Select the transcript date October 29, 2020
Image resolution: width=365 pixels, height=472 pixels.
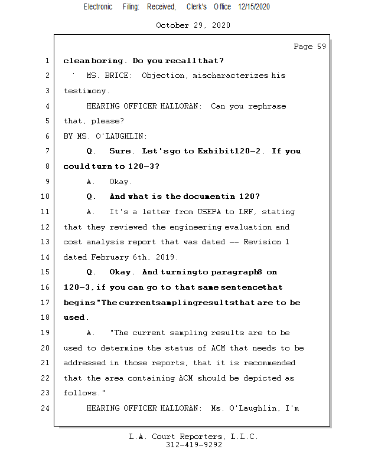193,25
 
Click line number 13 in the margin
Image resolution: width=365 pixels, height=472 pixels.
46,242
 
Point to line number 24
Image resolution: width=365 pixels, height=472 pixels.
46,408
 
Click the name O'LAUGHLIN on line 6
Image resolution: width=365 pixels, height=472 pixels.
114,136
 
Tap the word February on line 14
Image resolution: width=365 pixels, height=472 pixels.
111,257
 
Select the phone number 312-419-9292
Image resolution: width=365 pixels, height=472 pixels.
193,445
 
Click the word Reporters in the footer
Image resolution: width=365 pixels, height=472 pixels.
197,437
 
